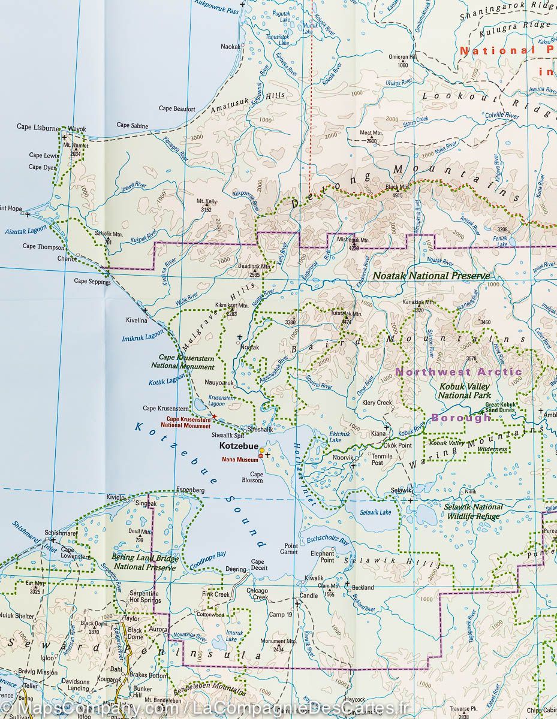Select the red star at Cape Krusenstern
click(214, 416)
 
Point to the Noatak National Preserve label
click(430, 276)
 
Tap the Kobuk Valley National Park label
click(464, 391)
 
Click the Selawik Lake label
click(375, 512)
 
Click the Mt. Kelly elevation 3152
click(206, 206)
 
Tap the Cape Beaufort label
click(177, 109)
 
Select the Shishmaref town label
click(61, 532)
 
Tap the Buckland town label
click(363, 587)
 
